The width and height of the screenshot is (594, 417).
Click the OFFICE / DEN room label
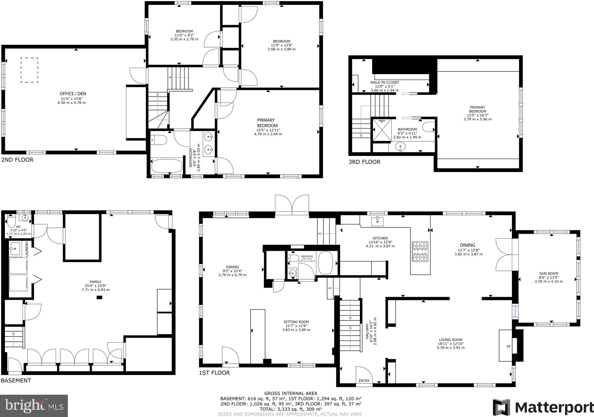(73, 94)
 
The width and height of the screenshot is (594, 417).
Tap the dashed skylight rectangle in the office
(29, 70)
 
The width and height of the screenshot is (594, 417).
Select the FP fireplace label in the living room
(508, 347)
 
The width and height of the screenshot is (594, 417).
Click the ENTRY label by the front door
(364, 381)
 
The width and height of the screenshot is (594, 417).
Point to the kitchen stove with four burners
(420, 251)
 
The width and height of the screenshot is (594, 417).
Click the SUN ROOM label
(549, 273)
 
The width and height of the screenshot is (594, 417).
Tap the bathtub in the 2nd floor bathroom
(166, 166)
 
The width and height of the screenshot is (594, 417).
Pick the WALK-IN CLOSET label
(385, 83)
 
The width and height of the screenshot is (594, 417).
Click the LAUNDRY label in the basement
(27, 249)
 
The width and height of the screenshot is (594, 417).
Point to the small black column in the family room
(99, 297)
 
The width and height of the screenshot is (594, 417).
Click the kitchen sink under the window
(377, 221)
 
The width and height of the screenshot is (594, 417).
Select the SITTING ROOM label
(296, 322)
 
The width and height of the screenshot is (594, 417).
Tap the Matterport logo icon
(502, 407)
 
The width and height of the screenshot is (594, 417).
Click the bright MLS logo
(34, 406)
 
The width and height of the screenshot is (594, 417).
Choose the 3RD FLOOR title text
(364, 162)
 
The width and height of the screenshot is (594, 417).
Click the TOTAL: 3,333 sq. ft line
(291, 409)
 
